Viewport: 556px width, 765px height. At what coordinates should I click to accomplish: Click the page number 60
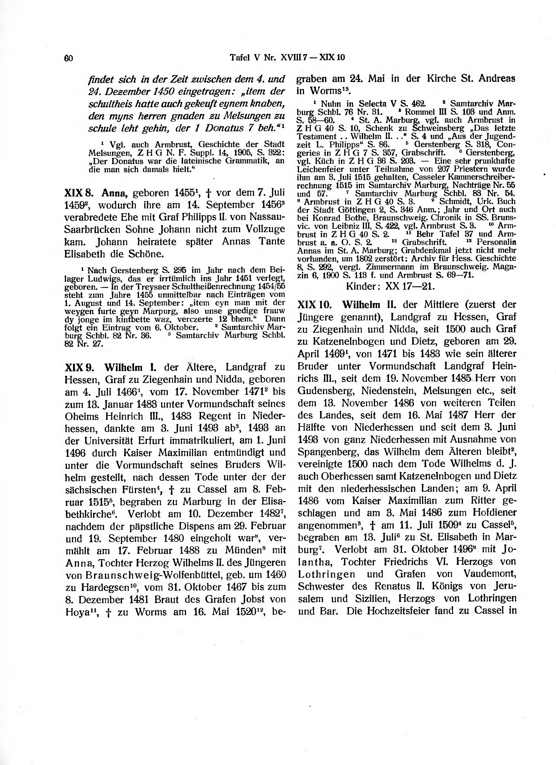coord(68,58)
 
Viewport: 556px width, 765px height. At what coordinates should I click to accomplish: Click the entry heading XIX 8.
coord(78,193)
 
